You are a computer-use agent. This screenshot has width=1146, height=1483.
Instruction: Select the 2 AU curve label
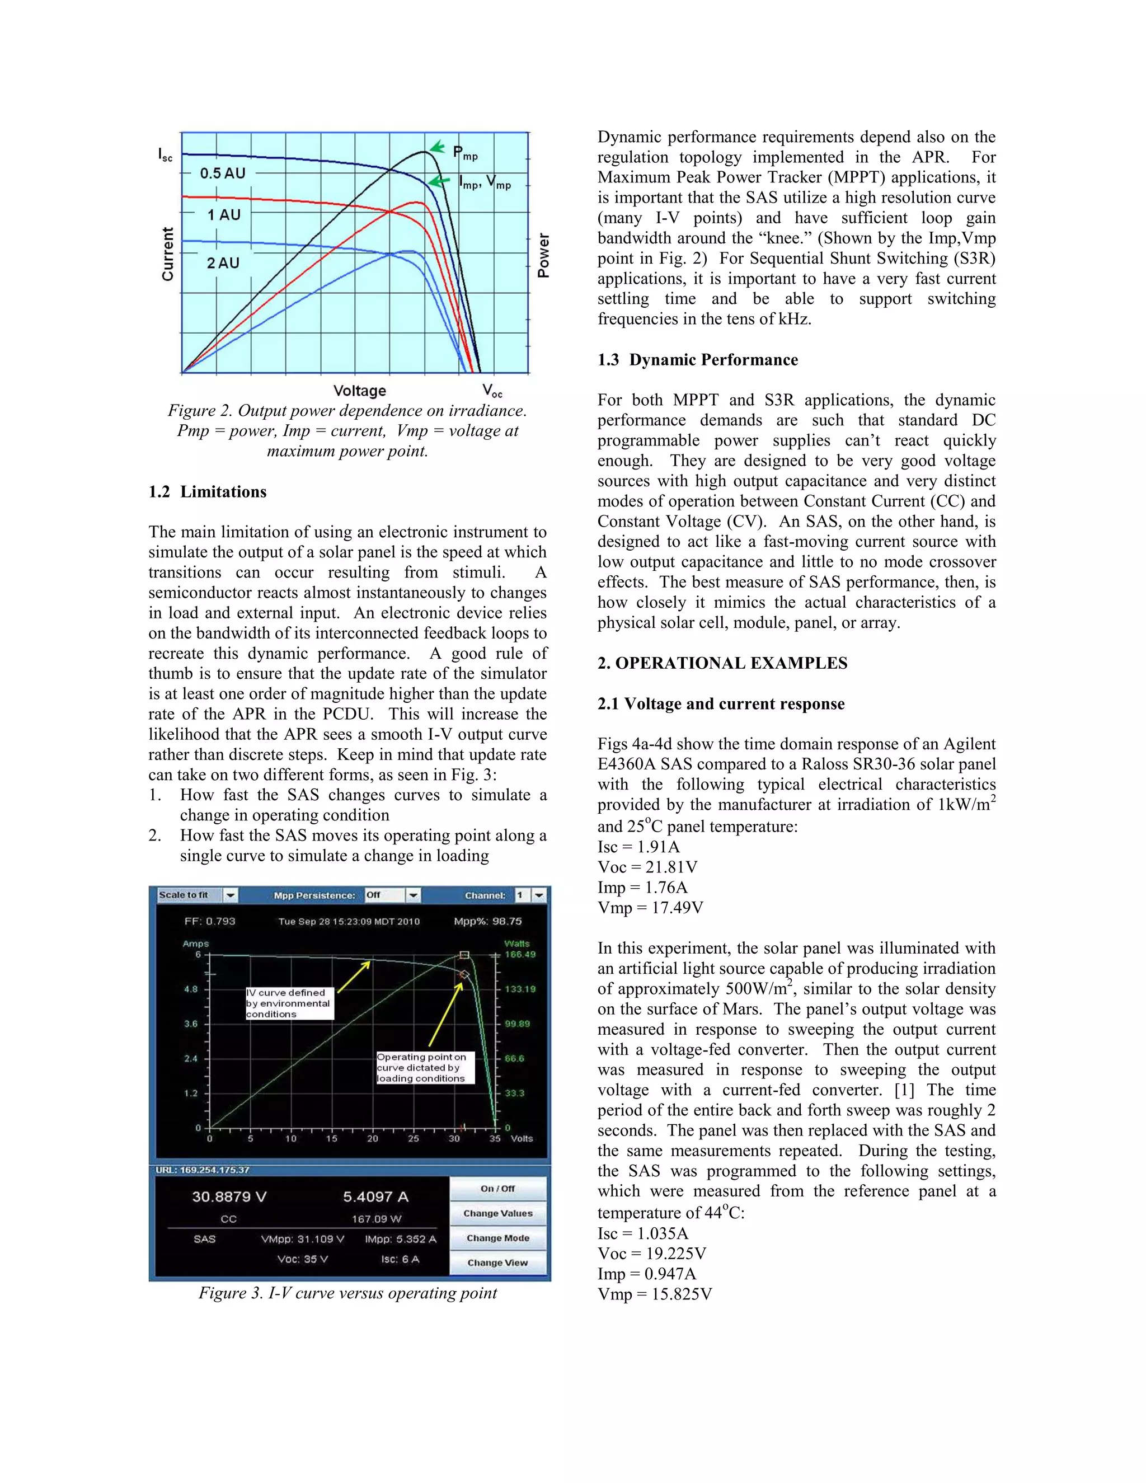click(223, 264)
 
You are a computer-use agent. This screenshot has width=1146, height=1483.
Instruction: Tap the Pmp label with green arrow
click(465, 153)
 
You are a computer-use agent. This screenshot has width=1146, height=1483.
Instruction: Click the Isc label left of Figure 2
click(166, 155)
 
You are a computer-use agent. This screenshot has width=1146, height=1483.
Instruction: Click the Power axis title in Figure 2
click(543, 255)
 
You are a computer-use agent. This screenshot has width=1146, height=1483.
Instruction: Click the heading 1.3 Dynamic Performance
click(697, 360)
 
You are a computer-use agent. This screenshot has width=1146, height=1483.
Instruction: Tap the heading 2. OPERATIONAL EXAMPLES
click(722, 663)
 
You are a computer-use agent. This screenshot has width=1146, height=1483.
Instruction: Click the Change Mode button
click(497, 1238)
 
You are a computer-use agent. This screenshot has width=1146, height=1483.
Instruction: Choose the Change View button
click(497, 1263)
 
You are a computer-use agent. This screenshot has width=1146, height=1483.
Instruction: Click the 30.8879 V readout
click(229, 1197)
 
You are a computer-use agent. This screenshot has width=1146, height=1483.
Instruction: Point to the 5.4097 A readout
click(375, 1197)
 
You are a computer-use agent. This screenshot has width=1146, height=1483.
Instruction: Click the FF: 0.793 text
click(210, 922)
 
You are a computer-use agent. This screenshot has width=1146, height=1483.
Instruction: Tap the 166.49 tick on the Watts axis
click(520, 955)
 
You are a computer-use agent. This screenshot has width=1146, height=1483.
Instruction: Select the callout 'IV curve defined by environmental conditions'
click(290, 1003)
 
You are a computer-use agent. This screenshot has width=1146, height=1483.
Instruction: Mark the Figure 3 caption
click(347, 1293)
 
